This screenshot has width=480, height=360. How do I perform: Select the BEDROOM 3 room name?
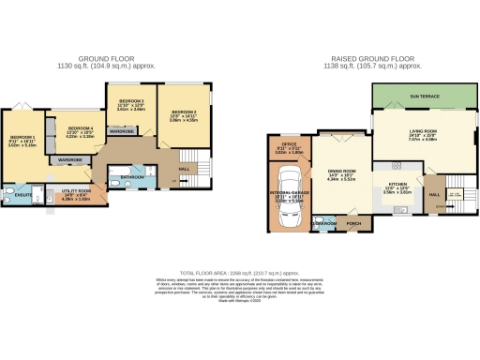[129, 100]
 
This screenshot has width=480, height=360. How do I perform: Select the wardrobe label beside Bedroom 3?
[122, 132]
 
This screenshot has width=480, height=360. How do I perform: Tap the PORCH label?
[354, 224]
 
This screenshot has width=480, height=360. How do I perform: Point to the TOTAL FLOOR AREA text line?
[239, 267]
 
